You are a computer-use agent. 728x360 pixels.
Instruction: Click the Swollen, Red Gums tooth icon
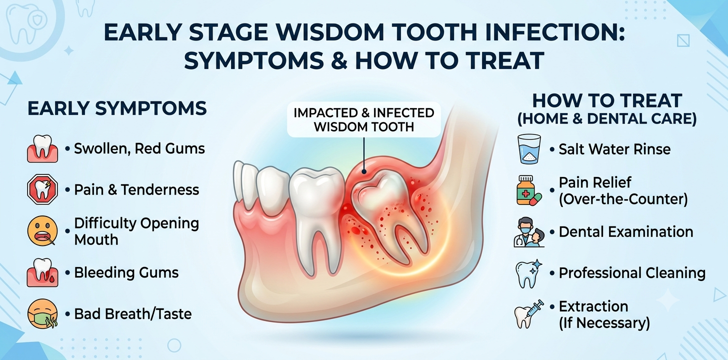point(42,148)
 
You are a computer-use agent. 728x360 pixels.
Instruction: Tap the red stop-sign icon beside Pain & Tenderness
point(42,189)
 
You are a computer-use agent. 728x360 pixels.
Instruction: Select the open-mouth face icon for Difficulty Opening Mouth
point(42,231)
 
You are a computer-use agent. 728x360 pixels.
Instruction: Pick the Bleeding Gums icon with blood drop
point(42,272)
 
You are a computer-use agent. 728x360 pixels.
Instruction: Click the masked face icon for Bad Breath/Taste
point(42,314)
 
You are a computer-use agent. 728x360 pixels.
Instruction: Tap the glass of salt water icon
point(529,149)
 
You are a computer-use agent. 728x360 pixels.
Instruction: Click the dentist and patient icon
point(529,232)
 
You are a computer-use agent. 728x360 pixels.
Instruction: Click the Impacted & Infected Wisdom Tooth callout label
point(363,119)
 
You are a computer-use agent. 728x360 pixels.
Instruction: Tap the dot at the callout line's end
point(364,171)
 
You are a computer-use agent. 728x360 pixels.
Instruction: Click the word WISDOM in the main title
point(331,32)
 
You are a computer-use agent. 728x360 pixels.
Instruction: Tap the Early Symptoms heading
point(117,108)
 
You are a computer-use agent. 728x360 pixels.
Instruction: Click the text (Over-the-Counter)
point(623,199)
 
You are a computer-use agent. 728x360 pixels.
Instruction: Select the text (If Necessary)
point(604,323)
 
